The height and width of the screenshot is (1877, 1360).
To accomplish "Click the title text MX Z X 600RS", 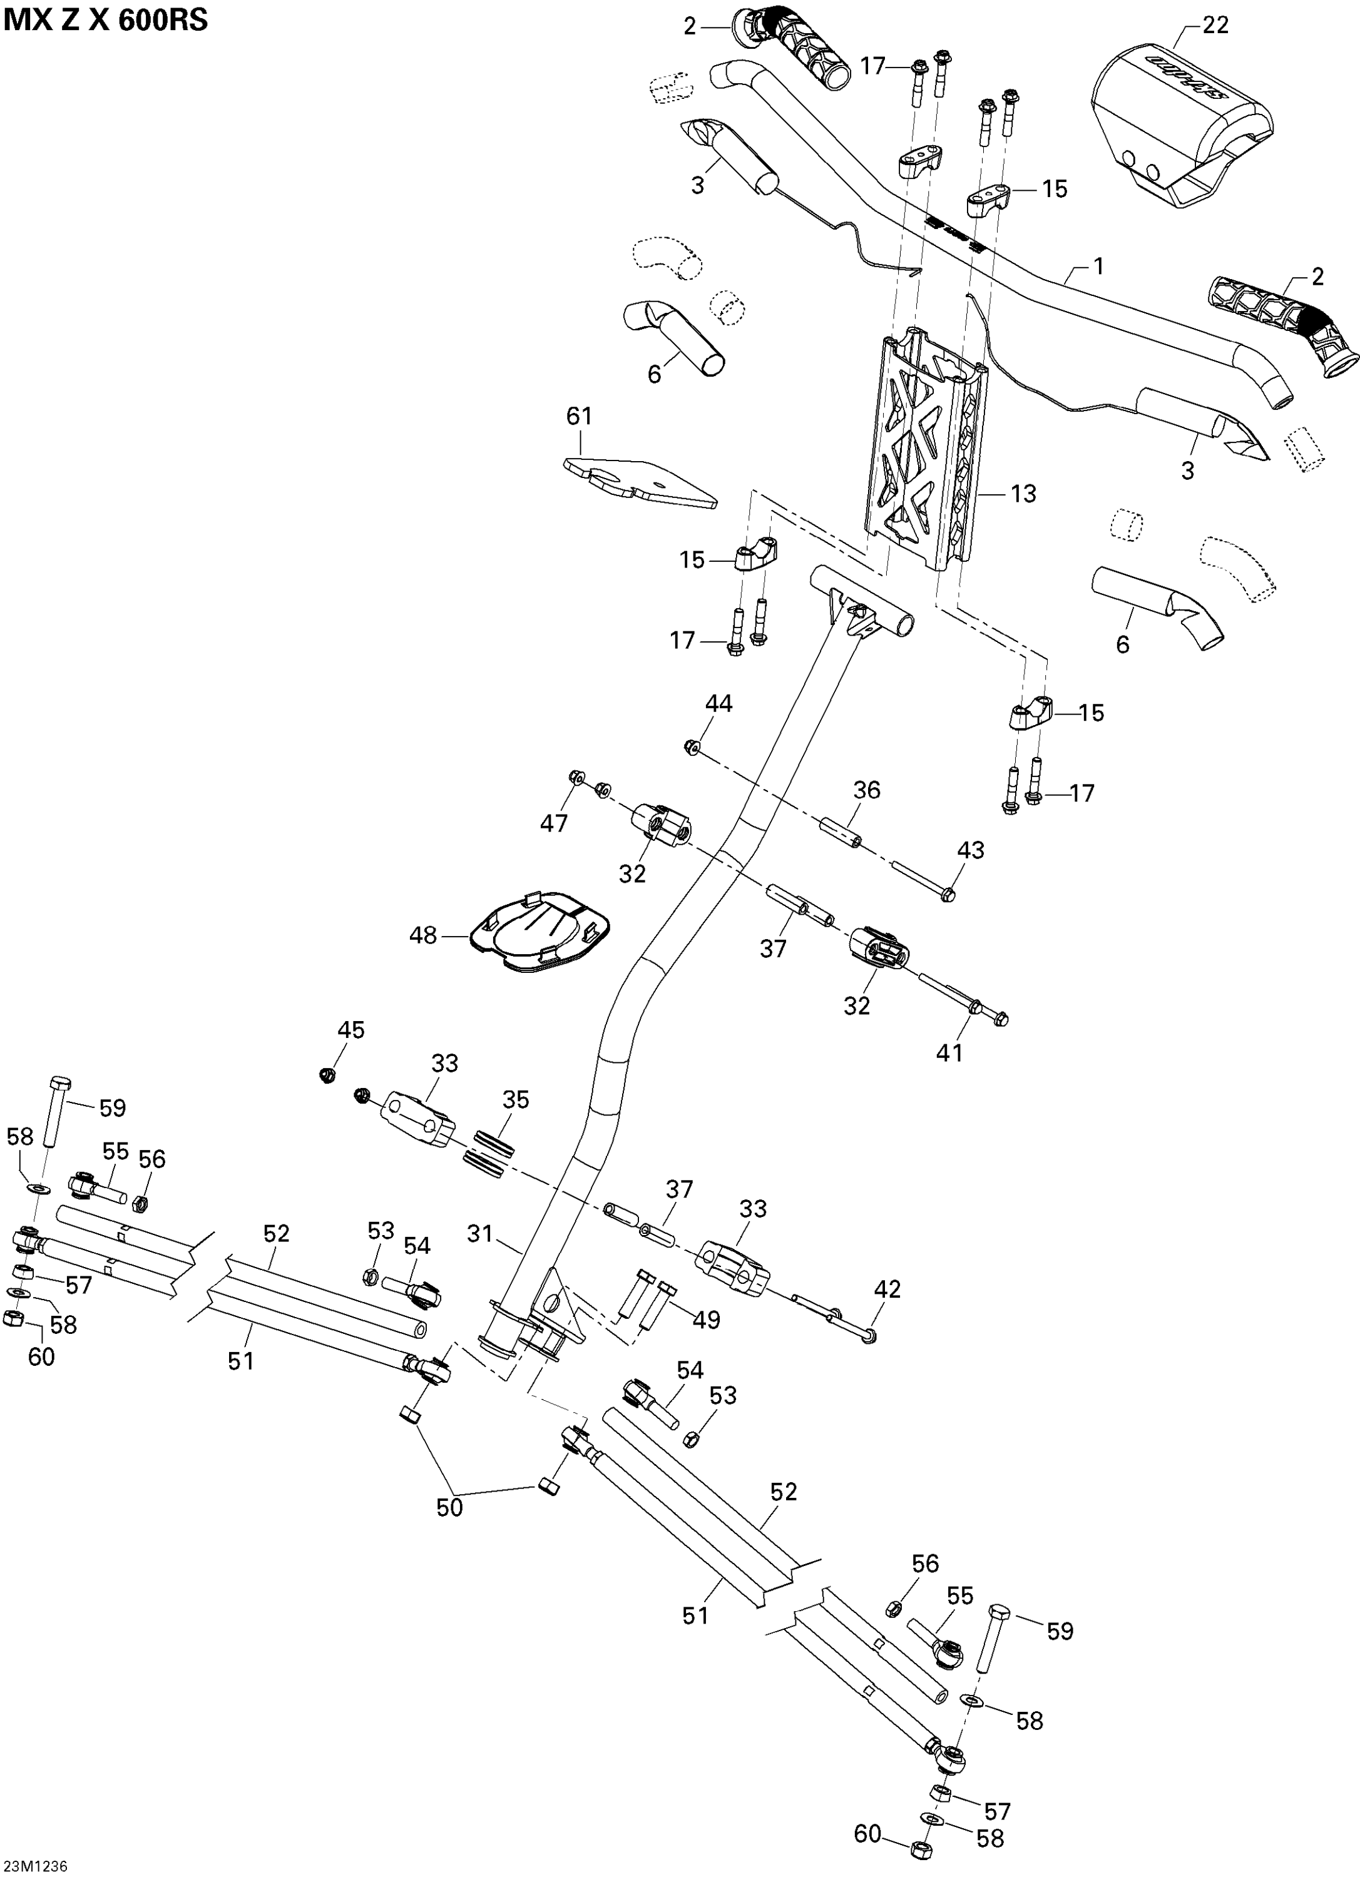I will pos(105,20).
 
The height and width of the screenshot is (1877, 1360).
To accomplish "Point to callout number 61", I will pos(580,415).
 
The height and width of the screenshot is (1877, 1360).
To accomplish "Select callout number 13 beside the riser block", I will pos(1023,494).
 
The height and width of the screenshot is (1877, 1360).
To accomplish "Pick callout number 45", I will pos(350,1030).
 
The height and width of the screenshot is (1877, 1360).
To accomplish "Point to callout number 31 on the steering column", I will pos(480,1234).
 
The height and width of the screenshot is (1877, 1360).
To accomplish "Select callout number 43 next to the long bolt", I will pos(971,850).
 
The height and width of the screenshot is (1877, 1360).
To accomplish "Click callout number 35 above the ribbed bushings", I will pos(516,1100).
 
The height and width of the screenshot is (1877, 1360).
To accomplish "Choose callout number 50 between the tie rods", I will pos(449,1508).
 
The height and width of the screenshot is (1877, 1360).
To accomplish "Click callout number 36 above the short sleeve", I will pos(867,790).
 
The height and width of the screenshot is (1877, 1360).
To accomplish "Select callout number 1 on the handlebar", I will pos(1098,267).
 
